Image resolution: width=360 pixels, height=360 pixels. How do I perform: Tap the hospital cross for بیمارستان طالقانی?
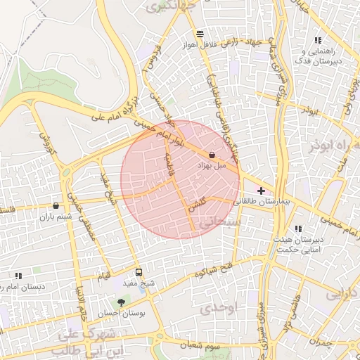[x=262, y=191]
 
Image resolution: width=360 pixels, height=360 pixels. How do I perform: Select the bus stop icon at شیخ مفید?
[x=138, y=271]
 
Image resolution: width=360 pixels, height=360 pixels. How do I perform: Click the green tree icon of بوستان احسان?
[x=122, y=303]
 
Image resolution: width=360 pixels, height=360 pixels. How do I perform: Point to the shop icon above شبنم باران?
[x=56, y=206]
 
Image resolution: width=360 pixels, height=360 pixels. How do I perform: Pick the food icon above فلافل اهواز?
[x=201, y=34]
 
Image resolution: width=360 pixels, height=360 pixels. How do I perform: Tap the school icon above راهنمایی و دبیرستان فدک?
[x=318, y=41]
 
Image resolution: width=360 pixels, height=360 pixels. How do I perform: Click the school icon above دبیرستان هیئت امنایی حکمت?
[x=299, y=229]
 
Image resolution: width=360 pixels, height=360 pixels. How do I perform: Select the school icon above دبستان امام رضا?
[x=18, y=276]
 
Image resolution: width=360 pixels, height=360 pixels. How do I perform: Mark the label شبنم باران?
[x=56, y=217]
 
